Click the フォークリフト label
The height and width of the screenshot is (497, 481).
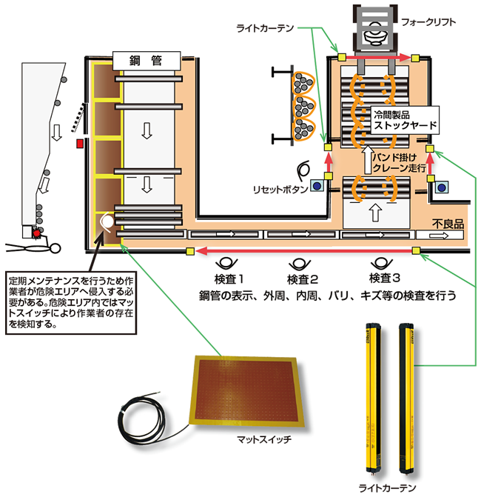tap(430, 22)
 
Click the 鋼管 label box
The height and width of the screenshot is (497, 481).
tap(147, 59)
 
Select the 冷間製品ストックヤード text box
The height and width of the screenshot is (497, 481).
tap(405, 121)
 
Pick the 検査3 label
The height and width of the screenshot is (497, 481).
tap(384, 279)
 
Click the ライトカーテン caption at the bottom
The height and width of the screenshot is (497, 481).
tap(390, 488)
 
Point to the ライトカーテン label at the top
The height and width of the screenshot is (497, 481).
tap(265, 27)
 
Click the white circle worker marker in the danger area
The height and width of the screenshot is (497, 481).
tap(107, 220)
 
